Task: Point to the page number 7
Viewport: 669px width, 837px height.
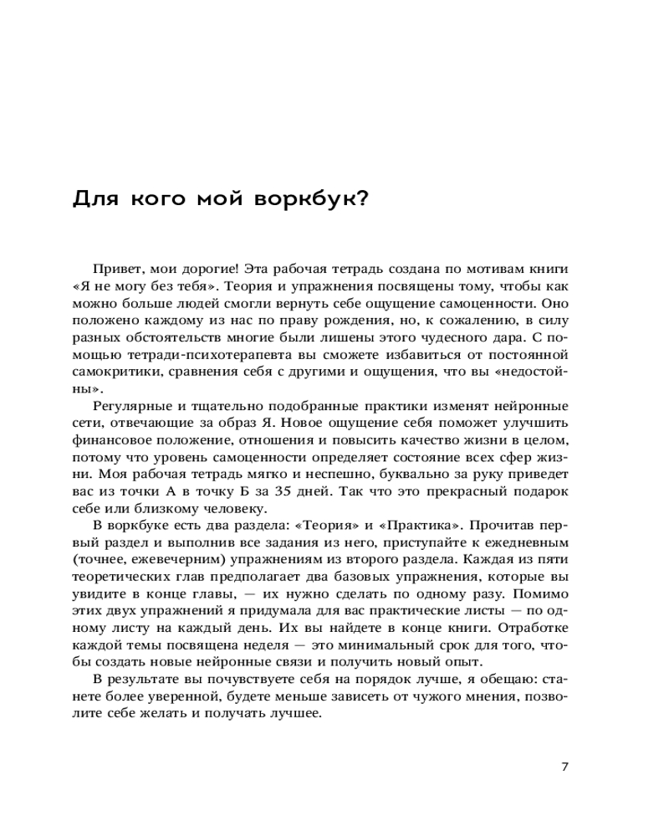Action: (565, 766)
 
